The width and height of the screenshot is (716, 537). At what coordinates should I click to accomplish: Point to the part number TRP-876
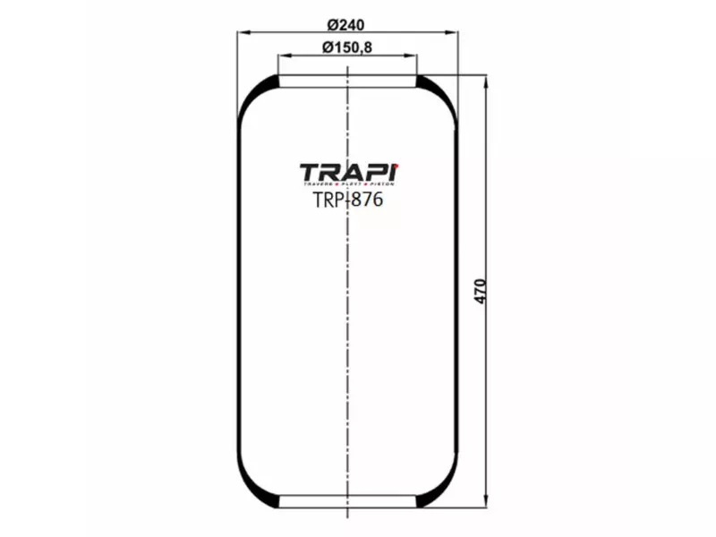(347, 200)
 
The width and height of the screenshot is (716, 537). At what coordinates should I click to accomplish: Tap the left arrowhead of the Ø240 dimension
(242, 32)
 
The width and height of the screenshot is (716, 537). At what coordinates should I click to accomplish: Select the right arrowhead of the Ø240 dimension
(454, 32)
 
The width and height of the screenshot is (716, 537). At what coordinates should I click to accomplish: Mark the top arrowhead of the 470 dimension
(485, 81)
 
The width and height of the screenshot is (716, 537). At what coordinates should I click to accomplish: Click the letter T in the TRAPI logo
(308, 171)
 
